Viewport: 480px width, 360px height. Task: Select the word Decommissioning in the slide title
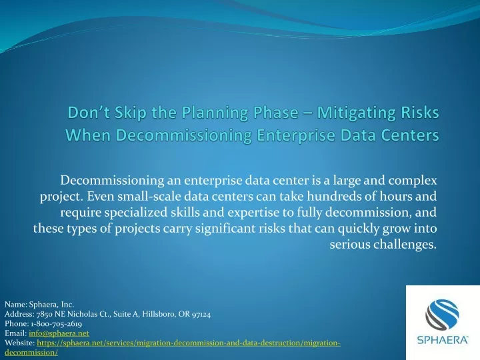(184, 135)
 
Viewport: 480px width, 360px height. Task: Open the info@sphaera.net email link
(59, 333)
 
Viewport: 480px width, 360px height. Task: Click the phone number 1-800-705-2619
(56, 323)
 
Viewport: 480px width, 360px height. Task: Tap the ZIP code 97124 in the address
(201, 314)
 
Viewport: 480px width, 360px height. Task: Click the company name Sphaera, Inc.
(51, 305)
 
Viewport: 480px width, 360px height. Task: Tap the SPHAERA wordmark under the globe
(443, 340)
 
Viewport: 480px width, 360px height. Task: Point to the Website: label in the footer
(19, 343)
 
